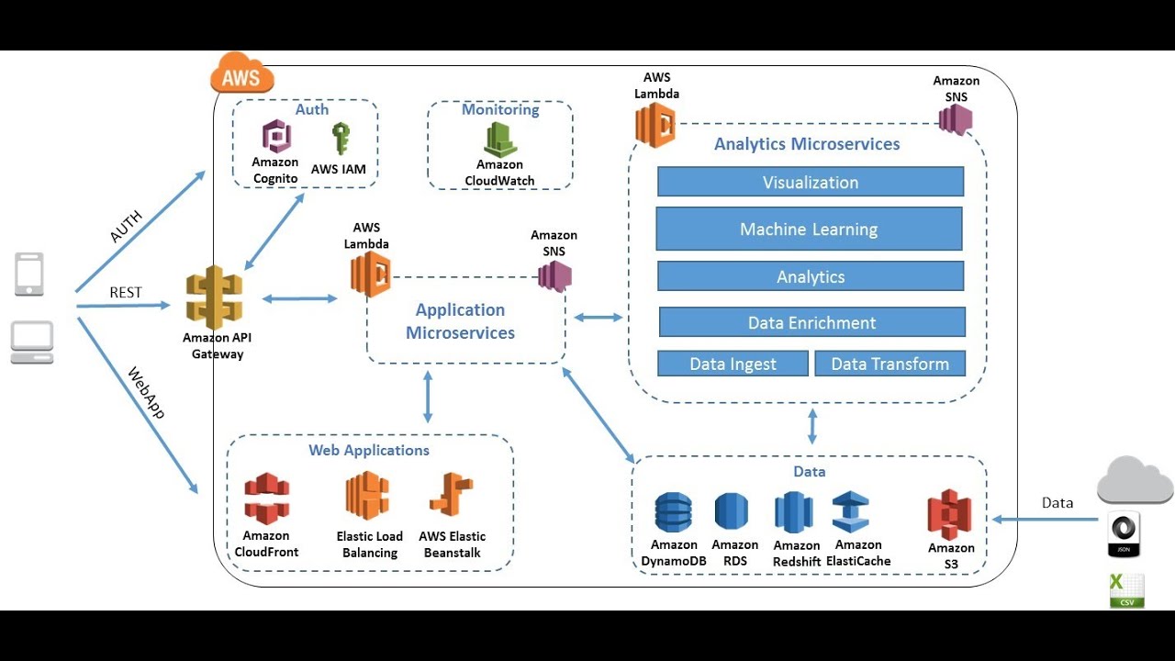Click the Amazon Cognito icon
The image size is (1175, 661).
(x=276, y=138)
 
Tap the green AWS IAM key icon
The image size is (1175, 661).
(x=341, y=139)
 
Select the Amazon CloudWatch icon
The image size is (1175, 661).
(x=500, y=140)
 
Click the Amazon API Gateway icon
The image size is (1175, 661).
(x=215, y=297)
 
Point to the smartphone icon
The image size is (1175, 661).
(x=29, y=274)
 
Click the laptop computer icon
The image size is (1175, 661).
(x=32, y=342)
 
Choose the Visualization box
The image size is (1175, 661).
(x=811, y=182)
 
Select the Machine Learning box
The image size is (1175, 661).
(x=809, y=229)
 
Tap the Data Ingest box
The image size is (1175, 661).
(x=733, y=364)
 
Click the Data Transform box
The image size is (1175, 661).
(x=890, y=364)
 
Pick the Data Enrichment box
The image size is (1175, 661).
(x=811, y=322)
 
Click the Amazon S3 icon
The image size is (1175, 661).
(x=950, y=515)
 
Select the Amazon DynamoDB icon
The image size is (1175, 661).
(x=673, y=513)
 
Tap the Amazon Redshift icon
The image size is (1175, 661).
(x=794, y=512)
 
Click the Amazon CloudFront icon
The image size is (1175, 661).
(x=266, y=499)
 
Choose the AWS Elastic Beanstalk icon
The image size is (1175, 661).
(x=451, y=497)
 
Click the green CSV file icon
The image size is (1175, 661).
(x=1126, y=590)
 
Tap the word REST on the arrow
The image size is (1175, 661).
(x=126, y=292)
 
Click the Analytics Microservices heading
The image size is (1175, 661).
(x=807, y=143)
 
